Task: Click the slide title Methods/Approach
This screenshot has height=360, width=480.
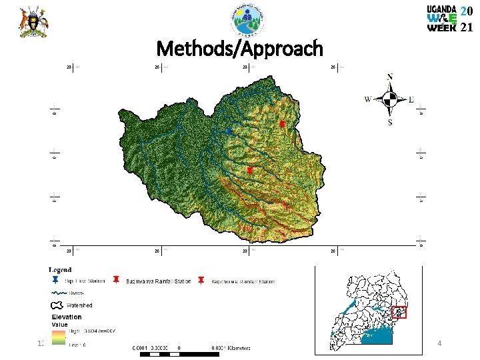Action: (239, 49)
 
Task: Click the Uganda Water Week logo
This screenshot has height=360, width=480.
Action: (449, 19)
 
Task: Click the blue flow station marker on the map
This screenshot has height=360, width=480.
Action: (229, 132)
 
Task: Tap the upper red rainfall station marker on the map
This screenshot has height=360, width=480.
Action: (282, 125)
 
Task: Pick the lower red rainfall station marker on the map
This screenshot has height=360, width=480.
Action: (250, 171)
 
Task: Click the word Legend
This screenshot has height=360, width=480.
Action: (60, 270)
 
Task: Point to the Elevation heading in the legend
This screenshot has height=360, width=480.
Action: (67, 317)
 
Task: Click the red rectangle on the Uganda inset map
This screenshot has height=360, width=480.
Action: (399, 312)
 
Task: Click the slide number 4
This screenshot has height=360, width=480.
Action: (439, 343)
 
